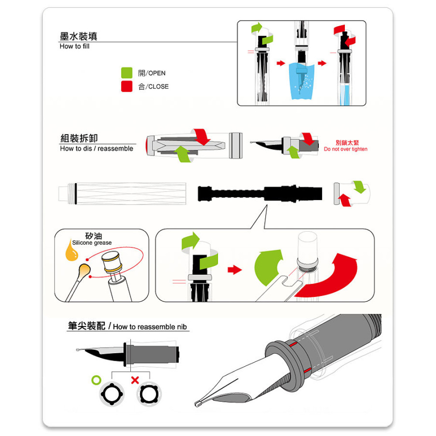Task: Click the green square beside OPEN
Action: pyautogui.click(x=127, y=73)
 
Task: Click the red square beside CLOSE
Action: pyautogui.click(x=127, y=86)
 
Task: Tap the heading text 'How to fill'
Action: pyautogui.click(x=75, y=47)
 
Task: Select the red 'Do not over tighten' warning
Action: pyautogui.click(x=346, y=149)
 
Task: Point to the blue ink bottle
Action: pyautogui.click(x=302, y=81)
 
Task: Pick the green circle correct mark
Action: pyautogui.click(x=96, y=380)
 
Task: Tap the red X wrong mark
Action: pyautogui.click(x=135, y=380)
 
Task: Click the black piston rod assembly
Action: pyautogui.click(x=260, y=193)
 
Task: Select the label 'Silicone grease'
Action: pyautogui.click(x=92, y=243)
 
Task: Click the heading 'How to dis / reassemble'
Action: pyautogui.click(x=96, y=149)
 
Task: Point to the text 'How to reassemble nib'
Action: pyautogui.click(x=150, y=327)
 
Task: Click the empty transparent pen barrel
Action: pyautogui.click(x=123, y=194)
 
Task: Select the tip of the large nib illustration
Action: pyautogui.click(x=197, y=404)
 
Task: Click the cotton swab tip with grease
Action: pyautogui.click(x=84, y=271)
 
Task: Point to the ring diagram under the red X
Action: pyautogui.click(x=149, y=394)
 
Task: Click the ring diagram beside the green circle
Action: pyautogui.click(x=112, y=394)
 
